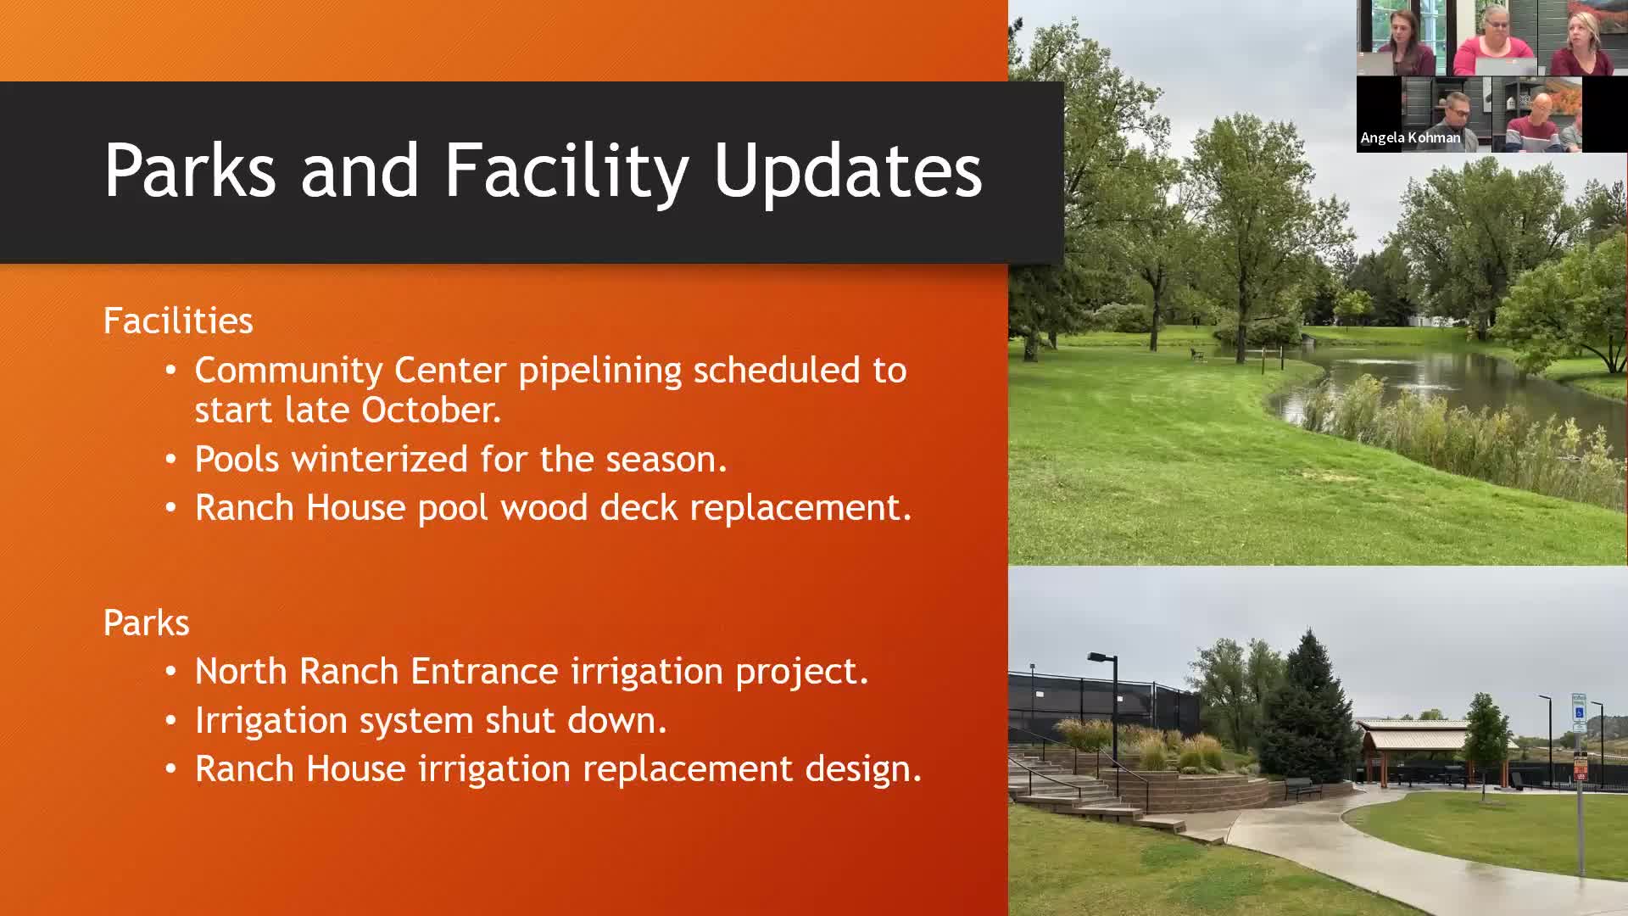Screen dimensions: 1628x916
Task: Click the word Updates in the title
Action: (848, 171)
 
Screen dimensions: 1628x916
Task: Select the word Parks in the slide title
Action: (190, 170)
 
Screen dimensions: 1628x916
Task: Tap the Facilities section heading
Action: (178, 321)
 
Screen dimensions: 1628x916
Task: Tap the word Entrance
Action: (484, 671)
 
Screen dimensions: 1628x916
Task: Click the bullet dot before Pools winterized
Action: (171, 460)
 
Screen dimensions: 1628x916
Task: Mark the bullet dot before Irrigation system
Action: (171, 721)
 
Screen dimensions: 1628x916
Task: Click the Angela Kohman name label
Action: (1410, 137)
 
